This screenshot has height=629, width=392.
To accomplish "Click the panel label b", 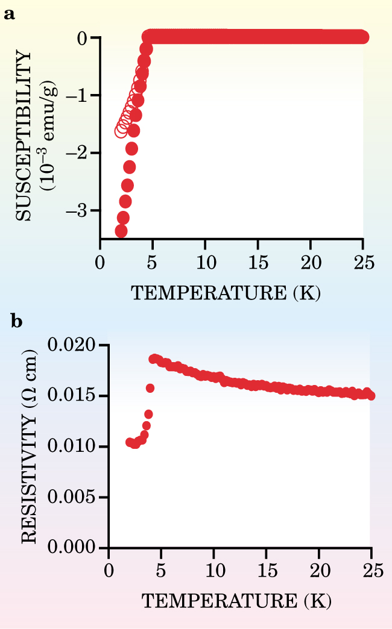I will (18, 321).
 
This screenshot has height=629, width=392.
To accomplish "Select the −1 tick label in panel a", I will (85, 95).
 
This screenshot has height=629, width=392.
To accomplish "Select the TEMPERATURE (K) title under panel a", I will (226, 293).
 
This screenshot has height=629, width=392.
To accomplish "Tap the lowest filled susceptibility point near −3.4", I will (121, 231).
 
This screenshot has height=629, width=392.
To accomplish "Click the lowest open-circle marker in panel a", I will (121, 131).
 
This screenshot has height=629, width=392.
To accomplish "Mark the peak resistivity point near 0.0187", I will (154, 358).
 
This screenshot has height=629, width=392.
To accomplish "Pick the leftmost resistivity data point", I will (130, 442).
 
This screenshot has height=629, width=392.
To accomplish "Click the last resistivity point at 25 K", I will (370, 396).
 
